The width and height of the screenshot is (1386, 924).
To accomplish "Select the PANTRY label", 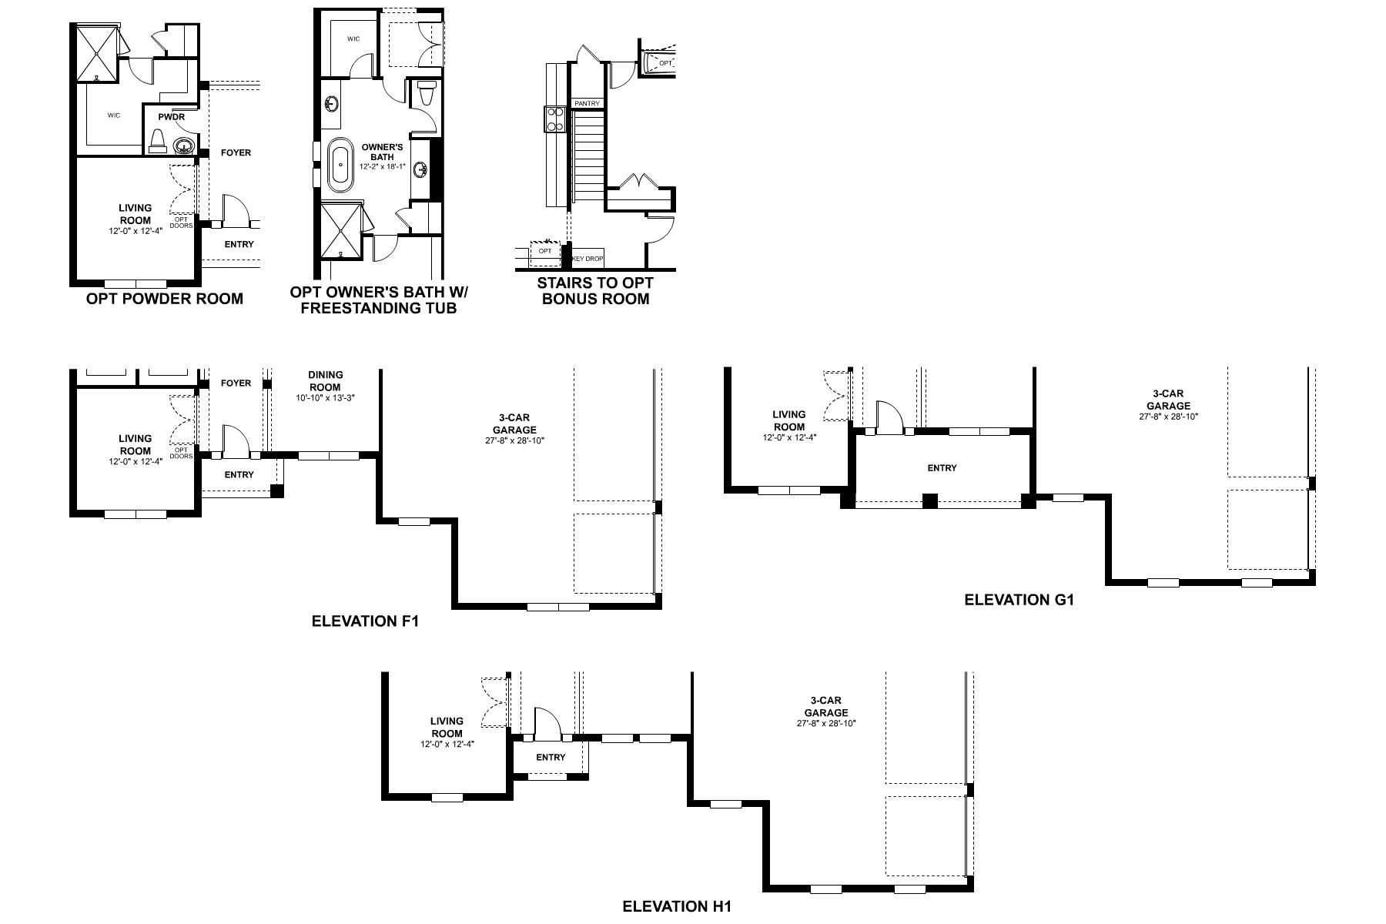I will [x=587, y=103].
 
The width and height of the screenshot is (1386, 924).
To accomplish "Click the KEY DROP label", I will [x=588, y=259].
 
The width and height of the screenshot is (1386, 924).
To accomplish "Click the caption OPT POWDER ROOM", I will [x=165, y=299].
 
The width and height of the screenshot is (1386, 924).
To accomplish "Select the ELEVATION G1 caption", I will [x=1019, y=600].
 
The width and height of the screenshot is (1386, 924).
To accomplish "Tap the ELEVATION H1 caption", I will [x=676, y=906].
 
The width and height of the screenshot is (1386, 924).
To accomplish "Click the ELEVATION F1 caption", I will [x=365, y=621].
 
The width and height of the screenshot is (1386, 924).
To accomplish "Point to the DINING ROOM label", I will [x=325, y=381].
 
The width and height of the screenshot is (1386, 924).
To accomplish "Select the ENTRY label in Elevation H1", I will [x=551, y=757].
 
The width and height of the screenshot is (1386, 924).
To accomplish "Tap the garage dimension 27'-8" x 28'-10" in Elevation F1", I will [x=514, y=441].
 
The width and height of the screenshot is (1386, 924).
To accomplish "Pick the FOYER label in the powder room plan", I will [x=236, y=152].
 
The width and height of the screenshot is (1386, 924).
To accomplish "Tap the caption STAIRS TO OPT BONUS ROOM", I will [x=595, y=291].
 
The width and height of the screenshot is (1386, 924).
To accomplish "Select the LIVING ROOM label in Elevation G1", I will [x=789, y=420].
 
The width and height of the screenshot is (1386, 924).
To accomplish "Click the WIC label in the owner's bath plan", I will [x=353, y=38].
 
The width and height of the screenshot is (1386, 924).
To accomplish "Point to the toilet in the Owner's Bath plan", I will [x=424, y=95].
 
